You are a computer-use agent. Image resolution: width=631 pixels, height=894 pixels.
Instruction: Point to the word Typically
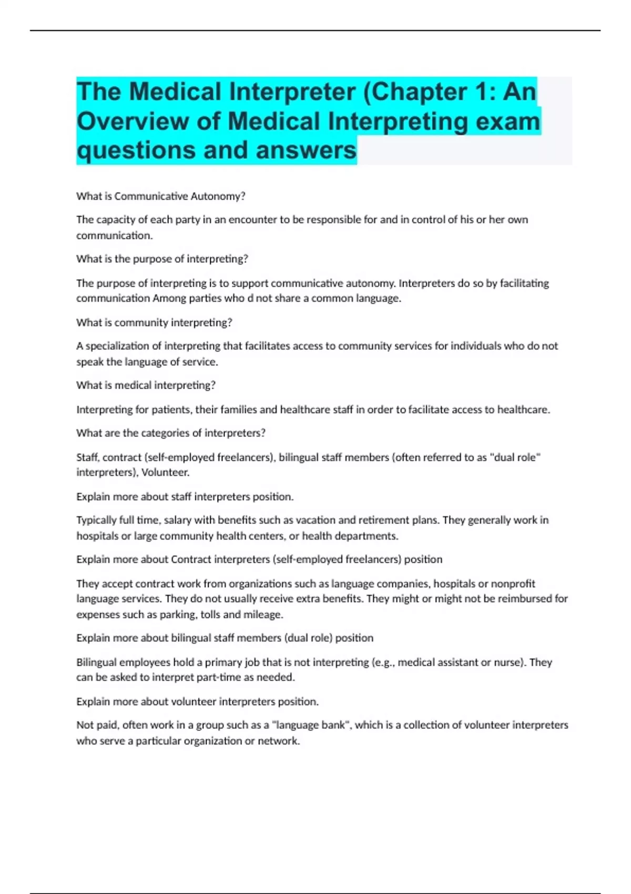click(x=97, y=520)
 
